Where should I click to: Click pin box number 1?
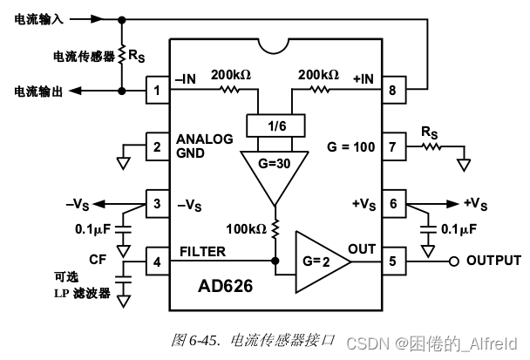pyautogui.click(x=158, y=91)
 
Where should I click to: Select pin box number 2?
pyautogui.click(x=158, y=146)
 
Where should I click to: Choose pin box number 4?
pyautogui.click(x=158, y=260)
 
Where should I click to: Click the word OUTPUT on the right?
pyautogui.click(x=493, y=260)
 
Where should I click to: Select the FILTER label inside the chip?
pyautogui.click(x=204, y=251)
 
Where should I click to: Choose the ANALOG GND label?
pyautogui.click(x=204, y=146)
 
